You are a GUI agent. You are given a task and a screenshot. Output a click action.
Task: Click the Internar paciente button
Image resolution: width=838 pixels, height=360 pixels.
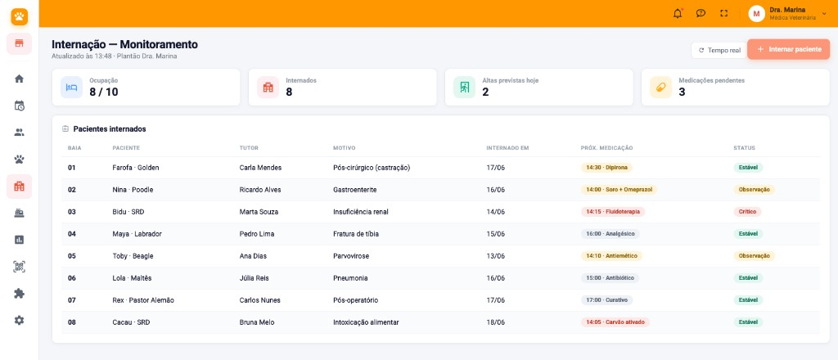pyautogui.click(x=788, y=49)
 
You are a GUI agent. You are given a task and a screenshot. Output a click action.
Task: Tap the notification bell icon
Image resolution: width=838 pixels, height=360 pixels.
pyautogui.click(x=678, y=13)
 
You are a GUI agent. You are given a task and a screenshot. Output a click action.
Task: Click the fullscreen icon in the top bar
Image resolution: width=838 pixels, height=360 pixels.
pyautogui.click(x=724, y=13)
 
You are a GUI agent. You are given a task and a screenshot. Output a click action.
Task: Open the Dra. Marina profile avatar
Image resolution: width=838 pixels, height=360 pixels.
pyautogui.click(x=756, y=13)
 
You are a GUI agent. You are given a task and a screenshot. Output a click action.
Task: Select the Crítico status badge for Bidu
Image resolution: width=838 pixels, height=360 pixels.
pyautogui.click(x=747, y=212)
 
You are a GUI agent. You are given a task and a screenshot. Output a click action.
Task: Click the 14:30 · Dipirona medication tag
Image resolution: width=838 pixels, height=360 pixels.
pyautogui.click(x=606, y=167)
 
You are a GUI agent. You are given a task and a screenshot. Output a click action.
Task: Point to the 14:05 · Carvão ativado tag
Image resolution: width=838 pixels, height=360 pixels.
pyautogui.click(x=615, y=322)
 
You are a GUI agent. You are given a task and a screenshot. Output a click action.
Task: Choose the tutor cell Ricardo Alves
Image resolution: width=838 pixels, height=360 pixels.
pyautogui.click(x=260, y=190)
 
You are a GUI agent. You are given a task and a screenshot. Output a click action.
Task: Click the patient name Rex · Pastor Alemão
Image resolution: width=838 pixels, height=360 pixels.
pyautogui.click(x=143, y=300)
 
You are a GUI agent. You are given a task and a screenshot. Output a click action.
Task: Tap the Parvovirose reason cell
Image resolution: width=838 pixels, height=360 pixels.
pyautogui.click(x=350, y=256)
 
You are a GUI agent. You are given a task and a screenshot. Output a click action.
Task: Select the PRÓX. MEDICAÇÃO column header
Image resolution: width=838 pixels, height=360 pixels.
pyautogui.click(x=606, y=148)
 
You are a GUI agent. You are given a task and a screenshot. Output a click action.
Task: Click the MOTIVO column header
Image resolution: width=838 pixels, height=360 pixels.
pyautogui.click(x=345, y=148)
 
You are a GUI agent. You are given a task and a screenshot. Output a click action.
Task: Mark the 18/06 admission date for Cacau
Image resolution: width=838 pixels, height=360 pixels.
pyautogui.click(x=495, y=322)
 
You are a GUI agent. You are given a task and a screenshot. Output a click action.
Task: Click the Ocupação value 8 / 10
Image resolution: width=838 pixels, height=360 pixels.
pyautogui.click(x=104, y=92)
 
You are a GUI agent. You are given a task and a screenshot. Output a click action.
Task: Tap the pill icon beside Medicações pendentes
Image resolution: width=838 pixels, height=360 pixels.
pyautogui.click(x=660, y=87)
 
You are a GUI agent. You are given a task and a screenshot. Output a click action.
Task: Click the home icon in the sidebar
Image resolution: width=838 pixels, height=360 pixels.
pyautogui.click(x=20, y=79)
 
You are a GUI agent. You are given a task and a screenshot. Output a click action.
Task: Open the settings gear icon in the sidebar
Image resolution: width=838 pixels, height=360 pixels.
pyautogui.click(x=20, y=321)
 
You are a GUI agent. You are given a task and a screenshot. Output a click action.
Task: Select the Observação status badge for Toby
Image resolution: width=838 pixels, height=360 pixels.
pyautogui.click(x=754, y=256)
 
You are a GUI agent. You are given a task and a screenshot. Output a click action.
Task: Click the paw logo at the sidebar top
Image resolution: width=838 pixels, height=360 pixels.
pyautogui.click(x=20, y=16)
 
